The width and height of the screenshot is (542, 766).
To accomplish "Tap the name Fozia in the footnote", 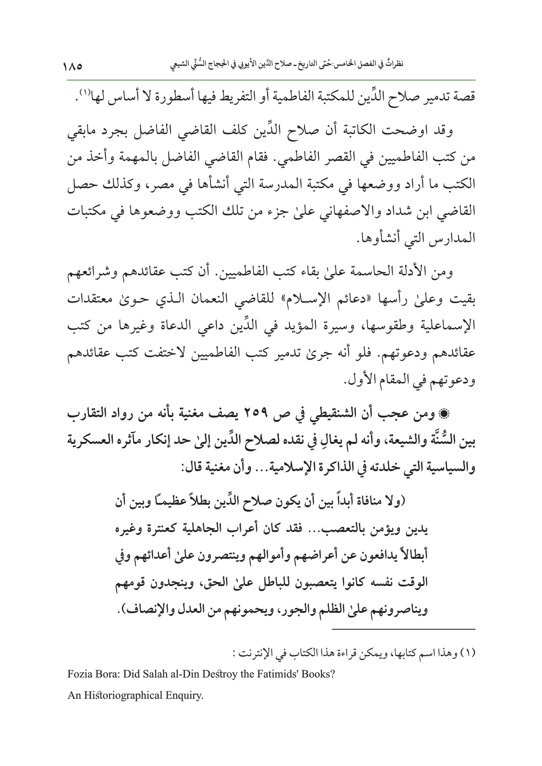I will (x=78, y=675).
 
